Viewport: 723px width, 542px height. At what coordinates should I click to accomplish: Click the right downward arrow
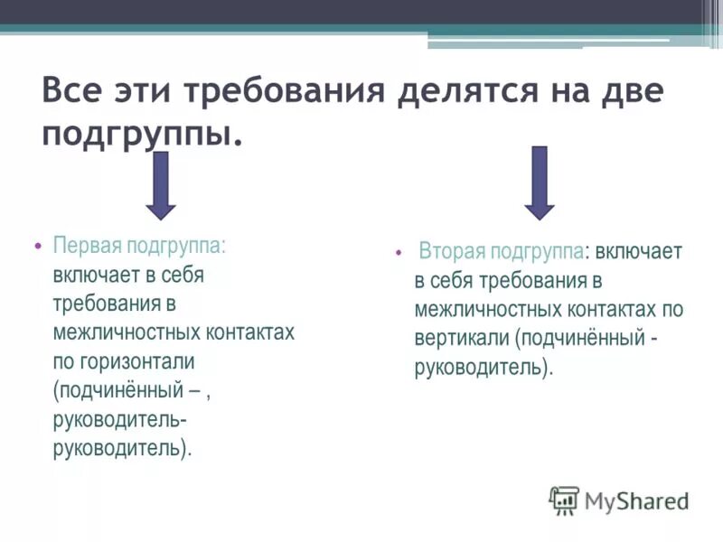pyautogui.click(x=540, y=183)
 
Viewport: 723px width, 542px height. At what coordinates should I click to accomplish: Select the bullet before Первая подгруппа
pyautogui.click(x=37, y=246)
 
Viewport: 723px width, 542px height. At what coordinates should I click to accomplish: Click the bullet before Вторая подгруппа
pyautogui.click(x=399, y=253)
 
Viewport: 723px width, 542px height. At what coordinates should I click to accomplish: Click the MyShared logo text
pyautogui.click(x=637, y=500)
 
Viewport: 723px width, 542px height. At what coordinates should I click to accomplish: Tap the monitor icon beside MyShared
pyautogui.click(x=565, y=500)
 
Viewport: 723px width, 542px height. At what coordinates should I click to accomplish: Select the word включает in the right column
pyautogui.click(x=639, y=252)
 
